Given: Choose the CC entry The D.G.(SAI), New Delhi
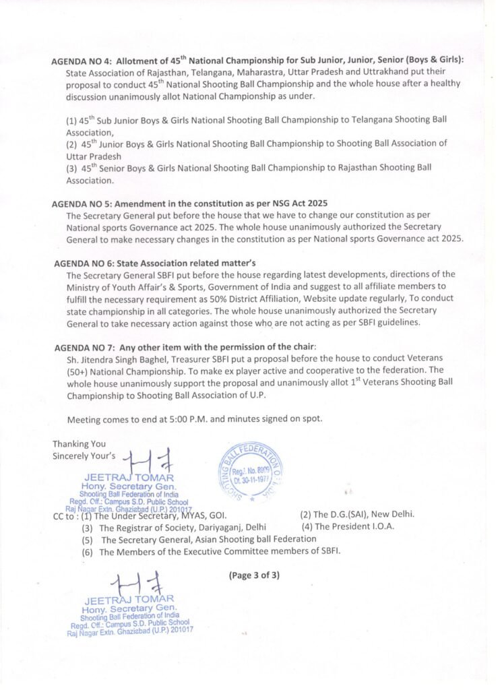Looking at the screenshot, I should tap(357, 514).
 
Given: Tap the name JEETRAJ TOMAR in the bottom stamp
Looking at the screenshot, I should tap(129, 599).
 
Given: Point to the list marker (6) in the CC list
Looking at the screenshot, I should tap(88, 552).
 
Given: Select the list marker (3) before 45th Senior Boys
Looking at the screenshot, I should tap(71, 168).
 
